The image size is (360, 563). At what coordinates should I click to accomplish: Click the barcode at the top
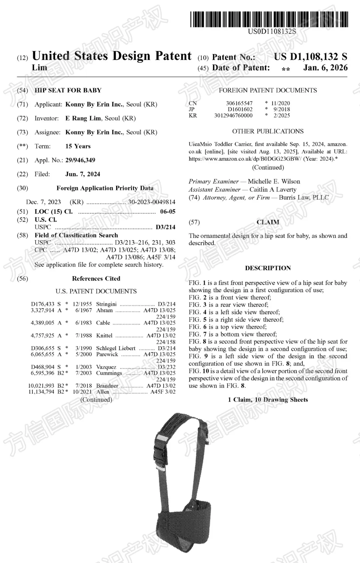coord(269,19)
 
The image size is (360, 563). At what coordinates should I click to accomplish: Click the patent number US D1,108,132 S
coord(310,57)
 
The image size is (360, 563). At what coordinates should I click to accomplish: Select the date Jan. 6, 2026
coord(325,68)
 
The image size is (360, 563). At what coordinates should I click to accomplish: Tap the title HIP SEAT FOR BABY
coord(68,90)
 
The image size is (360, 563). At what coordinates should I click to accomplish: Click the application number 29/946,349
coord(80,160)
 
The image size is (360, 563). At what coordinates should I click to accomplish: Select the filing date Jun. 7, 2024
coord(83,174)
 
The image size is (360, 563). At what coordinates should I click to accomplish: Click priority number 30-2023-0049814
coord(152,202)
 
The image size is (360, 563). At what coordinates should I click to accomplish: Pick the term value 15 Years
coord(78,146)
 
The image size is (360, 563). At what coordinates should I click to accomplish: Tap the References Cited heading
coord(96,278)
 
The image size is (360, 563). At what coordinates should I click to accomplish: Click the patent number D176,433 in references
coord(43,304)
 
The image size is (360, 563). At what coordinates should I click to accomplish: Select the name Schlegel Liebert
coord(116,348)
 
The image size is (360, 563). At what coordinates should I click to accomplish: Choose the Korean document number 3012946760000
coord(233,115)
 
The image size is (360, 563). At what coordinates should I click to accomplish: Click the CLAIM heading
coord(268,222)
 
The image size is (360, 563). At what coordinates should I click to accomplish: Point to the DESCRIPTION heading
coord(268,268)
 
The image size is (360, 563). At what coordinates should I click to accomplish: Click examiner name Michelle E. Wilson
coord(274,181)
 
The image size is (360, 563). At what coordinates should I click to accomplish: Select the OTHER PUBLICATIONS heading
coord(268,131)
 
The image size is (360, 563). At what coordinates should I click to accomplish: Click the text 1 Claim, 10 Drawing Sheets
coord(268,400)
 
